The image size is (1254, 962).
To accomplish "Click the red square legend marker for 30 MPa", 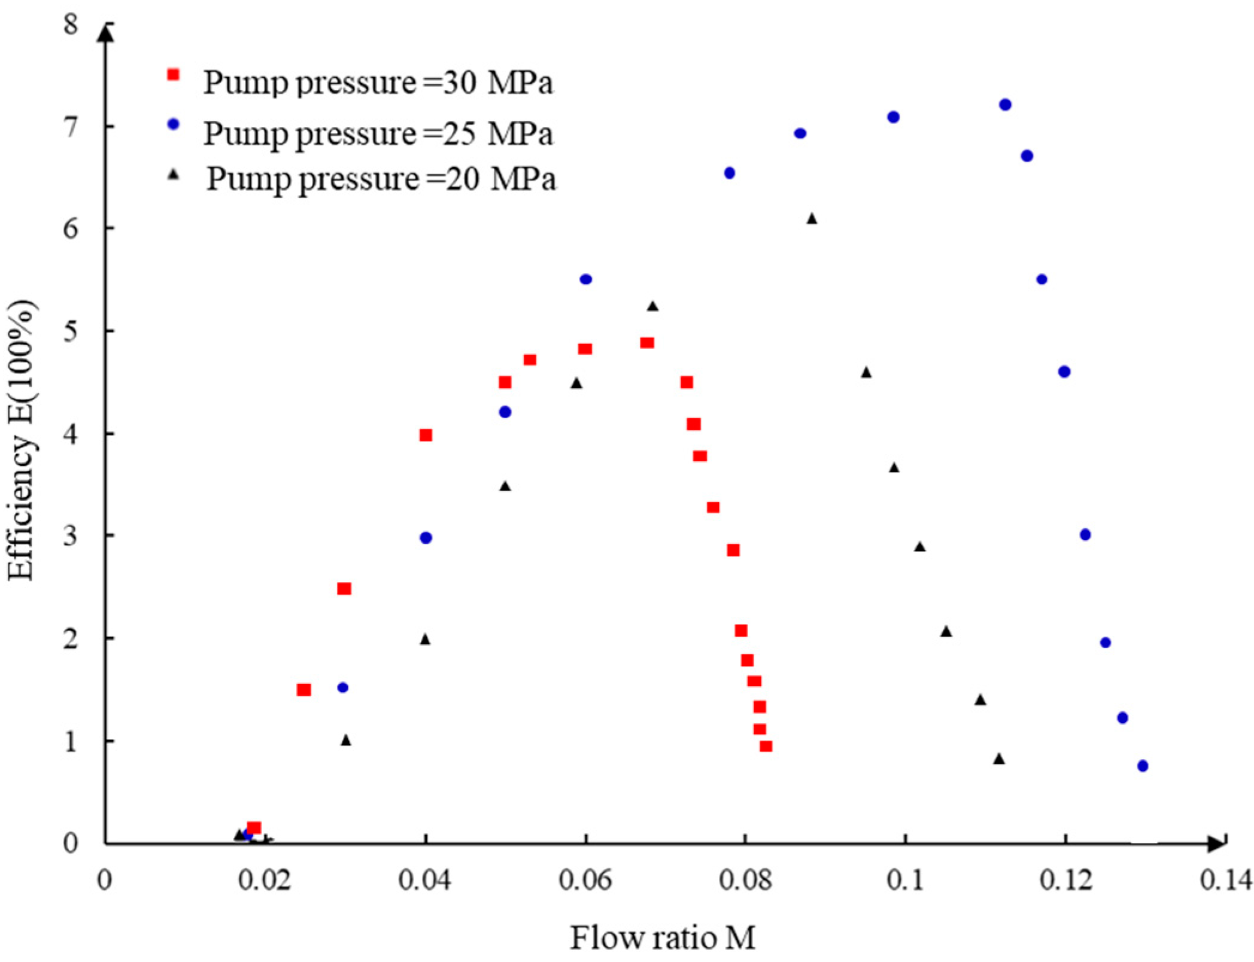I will (x=174, y=74).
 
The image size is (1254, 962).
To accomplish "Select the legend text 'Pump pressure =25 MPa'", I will (x=378, y=133).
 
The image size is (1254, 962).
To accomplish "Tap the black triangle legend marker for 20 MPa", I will (x=174, y=175).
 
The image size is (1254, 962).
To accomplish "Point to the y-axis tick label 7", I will (x=71, y=127).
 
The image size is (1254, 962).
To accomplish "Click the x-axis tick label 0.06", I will (x=585, y=880).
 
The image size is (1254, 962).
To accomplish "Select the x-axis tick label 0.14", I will (x=1226, y=880).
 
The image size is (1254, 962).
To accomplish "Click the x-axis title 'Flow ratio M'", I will (x=662, y=937).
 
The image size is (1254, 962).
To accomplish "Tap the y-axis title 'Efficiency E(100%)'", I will (x=22, y=440).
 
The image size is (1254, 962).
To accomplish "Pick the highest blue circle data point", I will (x=1005, y=105).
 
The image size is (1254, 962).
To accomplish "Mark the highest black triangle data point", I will (x=812, y=219).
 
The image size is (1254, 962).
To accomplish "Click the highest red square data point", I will (x=647, y=343).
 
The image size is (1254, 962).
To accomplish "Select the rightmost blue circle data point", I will (x=1143, y=766).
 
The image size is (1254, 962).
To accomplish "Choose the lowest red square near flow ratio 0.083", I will (x=766, y=746).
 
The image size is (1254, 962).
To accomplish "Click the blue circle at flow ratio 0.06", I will (x=586, y=279).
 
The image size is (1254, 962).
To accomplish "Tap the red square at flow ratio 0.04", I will (x=426, y=435).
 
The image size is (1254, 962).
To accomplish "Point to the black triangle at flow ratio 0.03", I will (x=346, y=741).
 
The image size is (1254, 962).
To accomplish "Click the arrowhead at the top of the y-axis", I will (x=106, y=33).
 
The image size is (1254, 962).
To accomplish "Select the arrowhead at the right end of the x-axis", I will (x=1216, y=844).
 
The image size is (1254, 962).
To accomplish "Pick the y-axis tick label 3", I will (x=71, y=535).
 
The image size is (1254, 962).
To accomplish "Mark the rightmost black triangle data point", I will (x=998, y=759).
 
